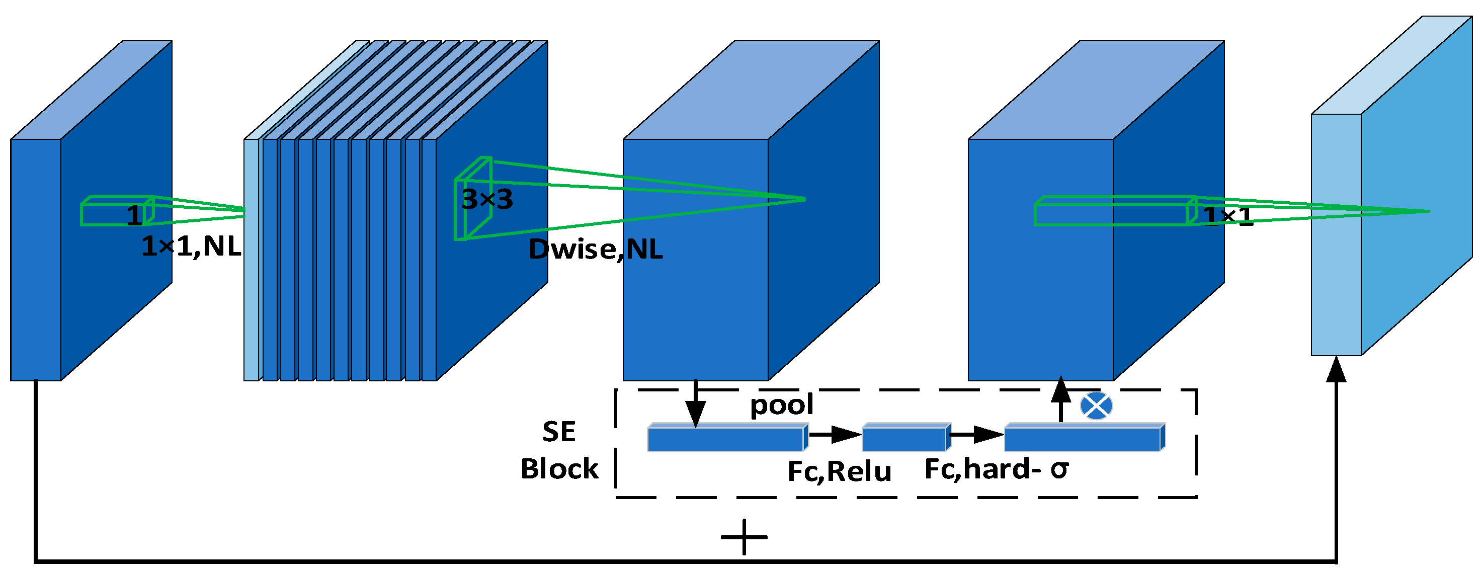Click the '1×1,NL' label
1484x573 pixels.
coord(191,247)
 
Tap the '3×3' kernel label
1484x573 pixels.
coord(487,200)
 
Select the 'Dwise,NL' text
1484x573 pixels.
coord(595,250)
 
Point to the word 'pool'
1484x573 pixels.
coord(781,405)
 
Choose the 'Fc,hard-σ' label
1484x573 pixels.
coord(996,469)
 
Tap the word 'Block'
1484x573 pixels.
coord(559,469)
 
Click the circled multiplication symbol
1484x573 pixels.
coord(1096,406)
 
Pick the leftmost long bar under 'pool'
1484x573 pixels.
coord(726,438)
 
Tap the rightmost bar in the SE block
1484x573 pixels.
coord(1083,438)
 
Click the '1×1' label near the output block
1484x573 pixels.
coord(1227,216)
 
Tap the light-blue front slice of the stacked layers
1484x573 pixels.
coord(251,259)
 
